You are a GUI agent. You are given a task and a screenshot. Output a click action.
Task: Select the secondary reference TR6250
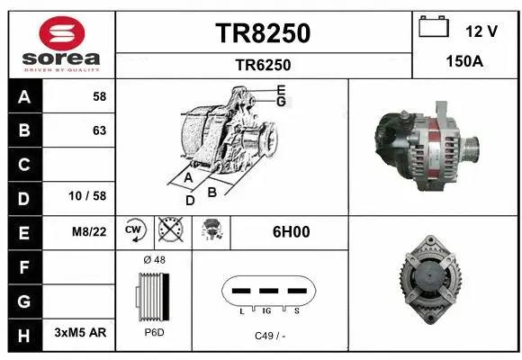[263, 65]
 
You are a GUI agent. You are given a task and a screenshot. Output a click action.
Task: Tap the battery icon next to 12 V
[433, 29]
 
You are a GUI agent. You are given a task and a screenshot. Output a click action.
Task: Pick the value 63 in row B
[99, 130]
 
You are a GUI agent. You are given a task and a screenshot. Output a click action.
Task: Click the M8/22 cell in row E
[90, 231]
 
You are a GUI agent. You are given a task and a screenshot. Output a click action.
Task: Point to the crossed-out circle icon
[169, 230]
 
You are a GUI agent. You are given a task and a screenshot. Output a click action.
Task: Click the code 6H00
[291, 231]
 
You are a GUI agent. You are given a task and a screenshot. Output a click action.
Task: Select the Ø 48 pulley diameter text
[154, 260]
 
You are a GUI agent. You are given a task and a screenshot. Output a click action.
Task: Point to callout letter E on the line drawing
[282, 90]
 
